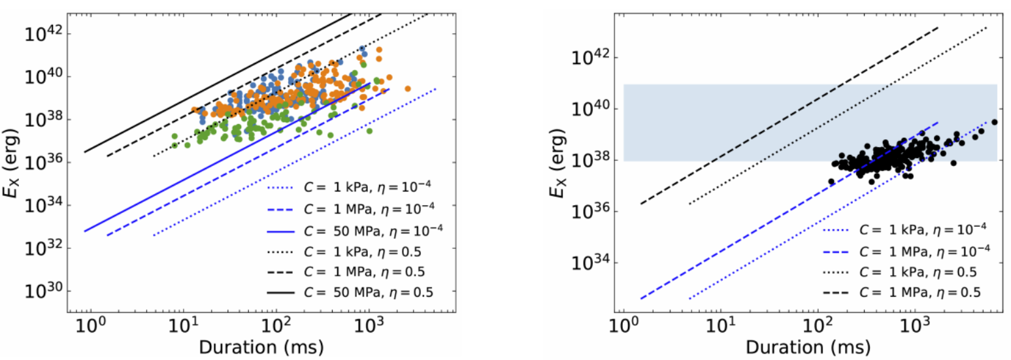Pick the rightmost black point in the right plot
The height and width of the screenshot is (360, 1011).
(x=995, y=122)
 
